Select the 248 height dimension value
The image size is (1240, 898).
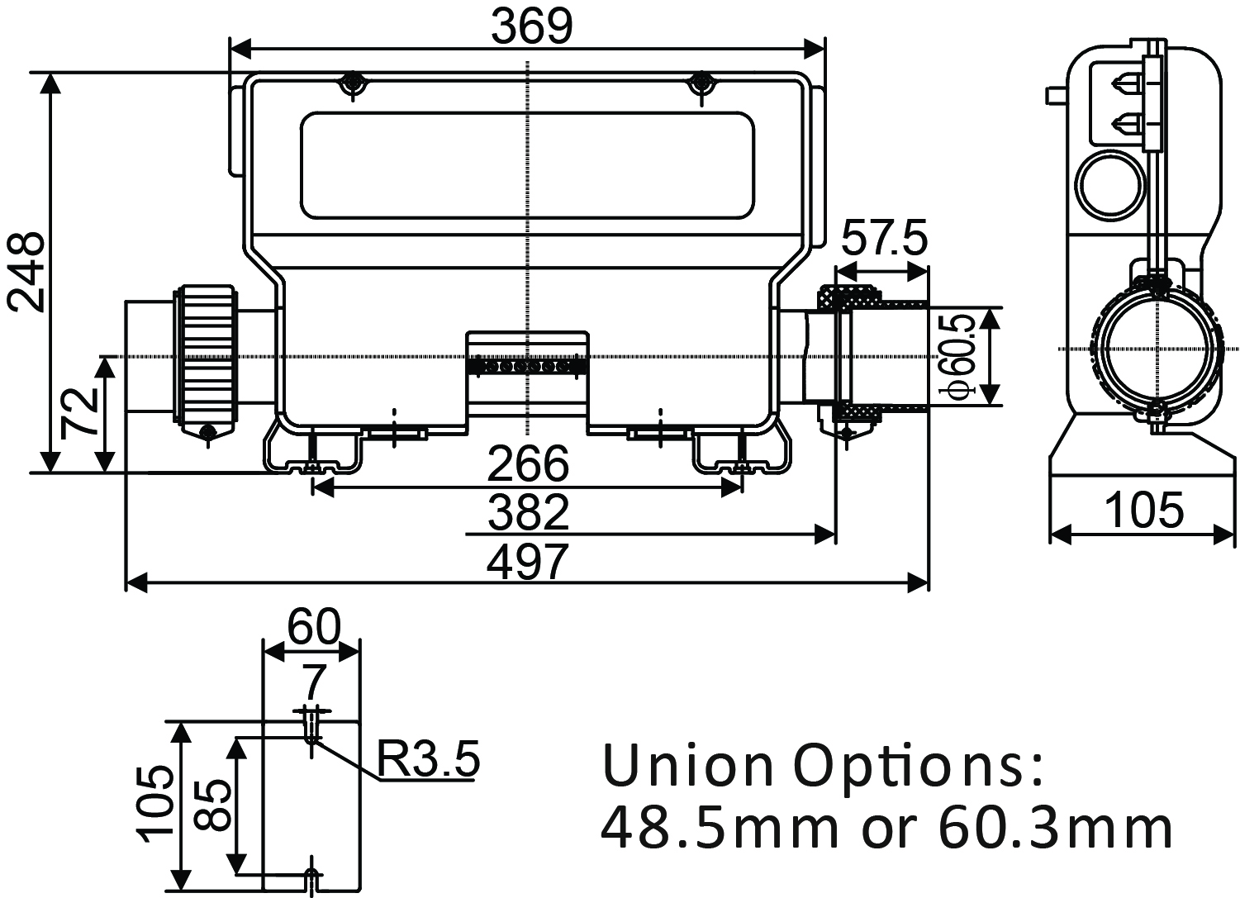26,272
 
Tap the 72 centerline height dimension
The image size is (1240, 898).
79,413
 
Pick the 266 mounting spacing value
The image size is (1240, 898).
528,463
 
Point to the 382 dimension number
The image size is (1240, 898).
528,512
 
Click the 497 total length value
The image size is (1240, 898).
528,561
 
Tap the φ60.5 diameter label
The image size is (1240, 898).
957,357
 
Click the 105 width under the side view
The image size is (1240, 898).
1143,510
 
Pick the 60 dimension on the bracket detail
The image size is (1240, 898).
314,627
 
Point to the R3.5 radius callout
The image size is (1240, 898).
428,759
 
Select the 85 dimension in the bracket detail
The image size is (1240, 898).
213,805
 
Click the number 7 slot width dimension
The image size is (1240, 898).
314,682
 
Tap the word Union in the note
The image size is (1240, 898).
687,767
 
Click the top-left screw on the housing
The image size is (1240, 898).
354,85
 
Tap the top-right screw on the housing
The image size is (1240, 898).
702,85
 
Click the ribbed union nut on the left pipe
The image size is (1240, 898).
206,355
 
